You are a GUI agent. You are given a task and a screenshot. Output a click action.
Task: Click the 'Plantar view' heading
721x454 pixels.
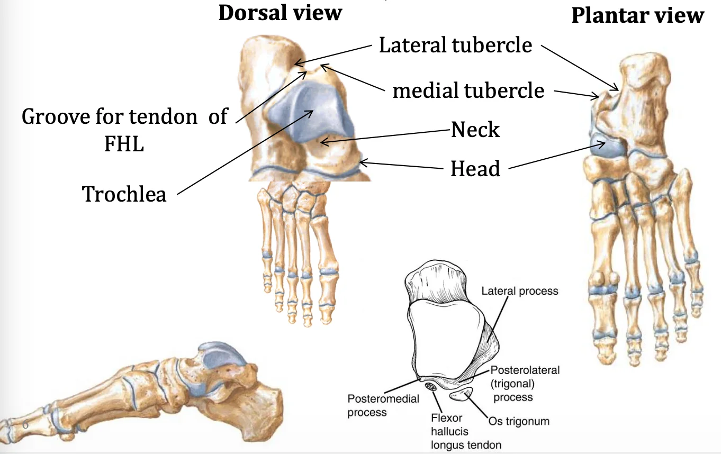click(638, 15)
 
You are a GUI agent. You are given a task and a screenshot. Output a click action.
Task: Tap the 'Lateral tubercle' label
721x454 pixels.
click(455, 45)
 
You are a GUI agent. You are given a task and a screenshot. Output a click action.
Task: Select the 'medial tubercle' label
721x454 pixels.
click(468, 90)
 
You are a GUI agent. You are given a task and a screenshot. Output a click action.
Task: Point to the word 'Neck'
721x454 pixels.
click(475, 129)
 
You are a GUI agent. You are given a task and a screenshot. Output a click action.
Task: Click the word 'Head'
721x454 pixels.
click(475, 168)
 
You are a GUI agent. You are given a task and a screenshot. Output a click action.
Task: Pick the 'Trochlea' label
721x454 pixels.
click(124, 194)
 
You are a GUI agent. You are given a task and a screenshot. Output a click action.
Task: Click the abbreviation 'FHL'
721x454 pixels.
click(124, 143)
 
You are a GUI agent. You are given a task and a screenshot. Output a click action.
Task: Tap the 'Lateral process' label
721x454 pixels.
click(520, 291)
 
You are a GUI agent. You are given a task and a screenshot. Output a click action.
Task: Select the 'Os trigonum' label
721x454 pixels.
click(519, 421)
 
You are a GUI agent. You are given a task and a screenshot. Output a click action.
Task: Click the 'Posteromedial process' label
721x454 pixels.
click(383, 405)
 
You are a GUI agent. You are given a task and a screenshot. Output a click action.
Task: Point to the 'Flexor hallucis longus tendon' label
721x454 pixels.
click(466, 431)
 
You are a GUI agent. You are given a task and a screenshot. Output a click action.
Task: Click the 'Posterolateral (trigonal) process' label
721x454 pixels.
click(525, 383)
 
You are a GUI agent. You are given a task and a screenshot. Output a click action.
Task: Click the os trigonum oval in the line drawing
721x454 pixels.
click(461, 394)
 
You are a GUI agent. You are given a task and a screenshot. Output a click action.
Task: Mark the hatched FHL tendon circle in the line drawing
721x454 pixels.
click(431, 386)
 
